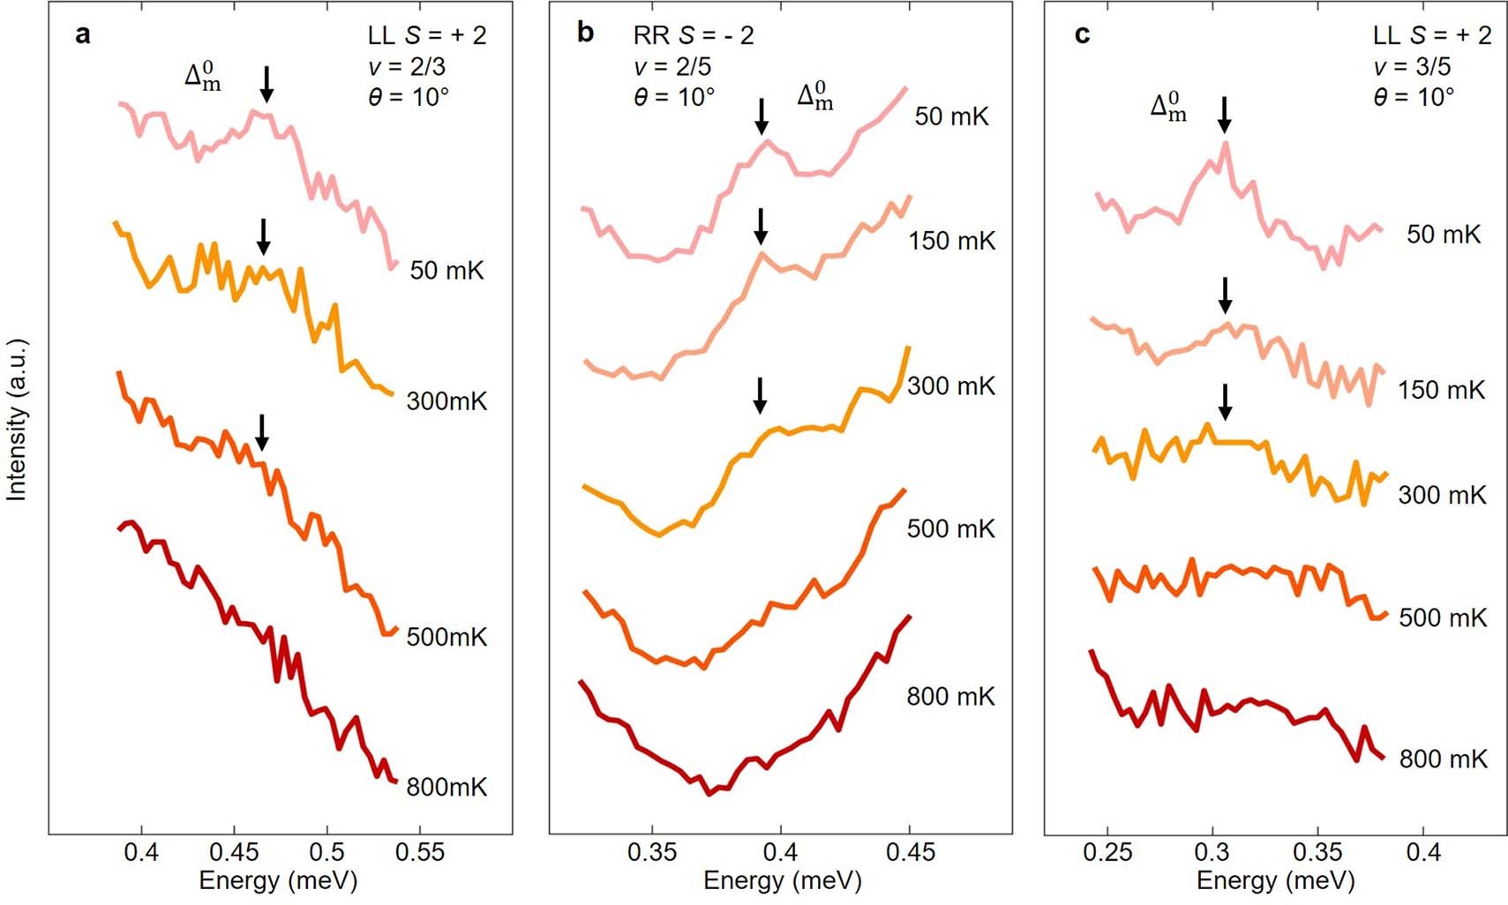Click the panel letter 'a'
pyautogui.click(x=82, y=35)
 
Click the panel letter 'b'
pyautogui.click(x=584, y=34)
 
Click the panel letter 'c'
pyautogui.click(x=1082, y=35)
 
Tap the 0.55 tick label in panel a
pyautogui.click(x=419, y=853)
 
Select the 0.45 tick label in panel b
pyautogui.click(x=910, y=853)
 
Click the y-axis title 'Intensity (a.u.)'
pyautogui.click(x=17, y=420)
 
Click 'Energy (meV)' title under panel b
pyautogui.click(x=782, y=880)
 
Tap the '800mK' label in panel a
pyautogui.click(x=446, y=787)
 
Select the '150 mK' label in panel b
pyautogui.click(x=951, y=241)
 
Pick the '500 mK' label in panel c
pyautogui.click(x=1443, y=617)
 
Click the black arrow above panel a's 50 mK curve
pyautogui.click(x=266, y=84)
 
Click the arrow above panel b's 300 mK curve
pyautogui.click(x=760, y=395)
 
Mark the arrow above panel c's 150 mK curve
pyautogui.click(x=1225, y=295)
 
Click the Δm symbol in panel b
pyautogui.click(x=814, y=97)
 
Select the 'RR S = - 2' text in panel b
pyautogui.click(x=694, y=35)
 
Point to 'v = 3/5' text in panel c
pyautogui.click(x=1412, y=66)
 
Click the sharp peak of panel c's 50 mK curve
pyautogui.click(x=1225, y=144)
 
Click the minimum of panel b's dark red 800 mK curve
pyautogui.click(x=709, y=793)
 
